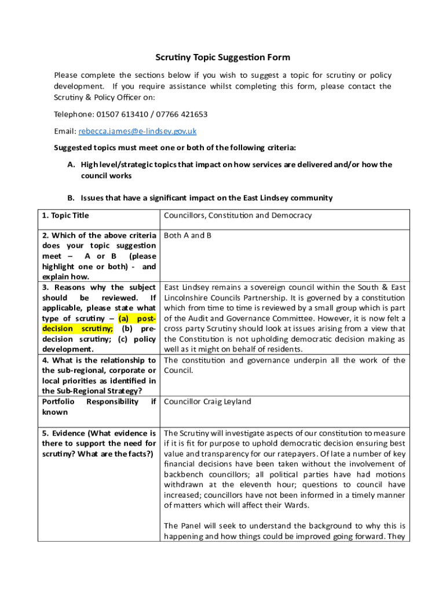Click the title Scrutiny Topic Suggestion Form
pyautogui.click(x=222, y=57)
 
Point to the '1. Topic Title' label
pyautogui.click(x=65, y=216)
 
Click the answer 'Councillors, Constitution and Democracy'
pyautogui.click(x=237, y=216)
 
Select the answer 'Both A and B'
pyautogui.click(x=188, y=236)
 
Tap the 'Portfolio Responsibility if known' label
pyautogui.click(x=98, y=407)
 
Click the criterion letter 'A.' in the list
pyautogui.click(x=71, y=165)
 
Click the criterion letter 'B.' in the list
pyautogui.click(x=71, y=198)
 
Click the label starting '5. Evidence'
pyautogui.click(x=98, y=433)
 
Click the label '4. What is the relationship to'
pyautogui.click(x=98, y=360)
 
